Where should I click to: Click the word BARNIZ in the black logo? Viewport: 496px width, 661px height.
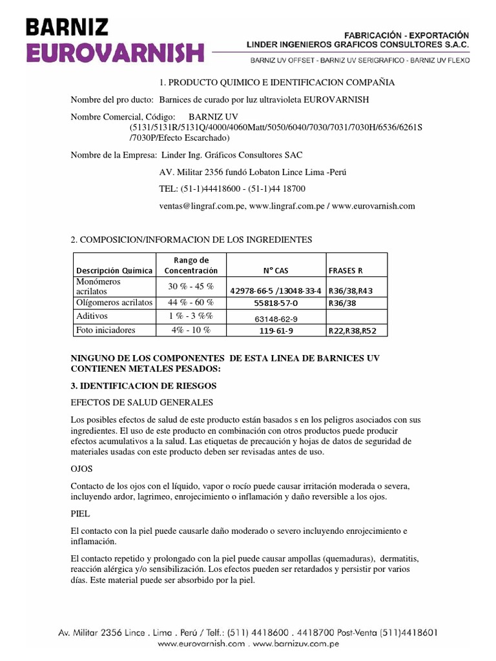click(x=68, y=26)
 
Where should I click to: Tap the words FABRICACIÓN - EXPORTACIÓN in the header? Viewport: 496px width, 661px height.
click(x=409, y=34)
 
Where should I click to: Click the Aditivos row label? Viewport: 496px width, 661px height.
click(x=92, y=316)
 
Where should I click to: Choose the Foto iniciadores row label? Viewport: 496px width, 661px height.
click(x=106, y=330)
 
